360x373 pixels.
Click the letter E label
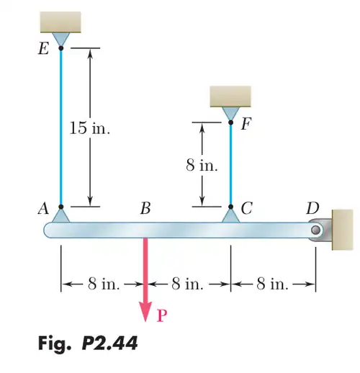(x=43, y=48)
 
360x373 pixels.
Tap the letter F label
(x=246, y=124)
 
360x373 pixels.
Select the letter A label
(x=44, y=208)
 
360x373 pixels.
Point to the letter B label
(x=145, y=208)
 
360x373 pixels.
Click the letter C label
(x=247, y=208)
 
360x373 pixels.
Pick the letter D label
(x=312, y=208)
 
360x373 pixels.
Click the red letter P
(x=162, y=315)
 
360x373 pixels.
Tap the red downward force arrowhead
(x=145, y=310)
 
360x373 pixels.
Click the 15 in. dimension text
(x=90, y=127)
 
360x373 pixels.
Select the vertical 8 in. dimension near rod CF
(x=202, y=166)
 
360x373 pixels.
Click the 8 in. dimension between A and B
(x=104, y=284)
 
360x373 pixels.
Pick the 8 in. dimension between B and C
(x=187, y=284)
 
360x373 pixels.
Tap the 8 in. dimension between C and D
(x=272, y=284)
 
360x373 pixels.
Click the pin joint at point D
(x=315, y=230)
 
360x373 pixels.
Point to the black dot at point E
(x=61, y=48)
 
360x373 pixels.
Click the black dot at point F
(x=230, y=122)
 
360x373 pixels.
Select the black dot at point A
(x=61, y=207)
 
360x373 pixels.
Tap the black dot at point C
(x=230, y=207)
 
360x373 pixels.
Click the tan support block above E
(x=60, y=22)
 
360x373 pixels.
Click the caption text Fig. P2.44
(x=88, y=343)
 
